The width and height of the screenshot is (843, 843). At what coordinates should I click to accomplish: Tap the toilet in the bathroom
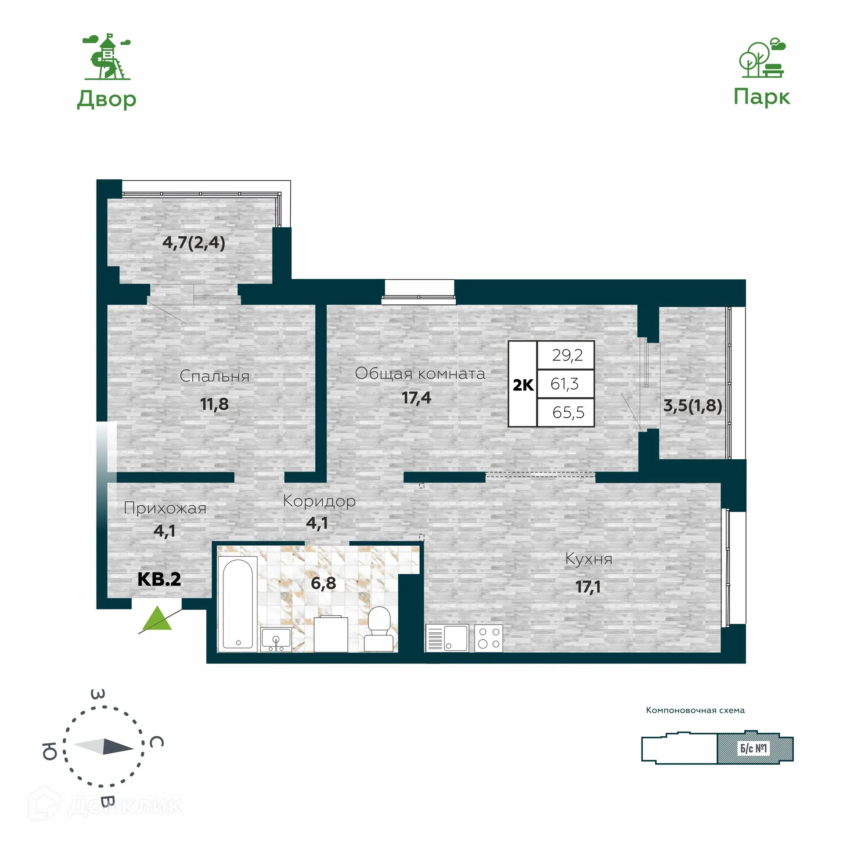coord(378,629)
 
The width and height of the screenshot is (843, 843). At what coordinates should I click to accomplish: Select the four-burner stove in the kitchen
coord(489,638)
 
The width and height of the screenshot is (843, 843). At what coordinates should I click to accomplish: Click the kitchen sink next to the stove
coord(447,638)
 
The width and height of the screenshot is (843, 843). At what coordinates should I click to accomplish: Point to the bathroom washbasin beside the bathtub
coord(276,639)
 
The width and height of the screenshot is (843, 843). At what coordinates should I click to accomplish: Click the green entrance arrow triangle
coord(157,618)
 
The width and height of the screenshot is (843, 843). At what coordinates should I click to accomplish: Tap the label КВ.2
coord(159,579)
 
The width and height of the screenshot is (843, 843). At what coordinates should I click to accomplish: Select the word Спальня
coord(214,376)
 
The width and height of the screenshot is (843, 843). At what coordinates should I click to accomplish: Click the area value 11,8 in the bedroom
coord(214,404)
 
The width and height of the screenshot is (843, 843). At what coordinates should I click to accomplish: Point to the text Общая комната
coord(420,374)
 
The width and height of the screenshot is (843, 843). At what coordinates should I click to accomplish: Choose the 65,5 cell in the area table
coord(566,412)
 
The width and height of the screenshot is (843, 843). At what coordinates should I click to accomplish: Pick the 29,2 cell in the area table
coord(566,355)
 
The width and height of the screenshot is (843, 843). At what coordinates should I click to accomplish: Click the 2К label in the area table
coord(523,385)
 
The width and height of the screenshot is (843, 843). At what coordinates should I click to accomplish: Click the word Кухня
coord(588,559)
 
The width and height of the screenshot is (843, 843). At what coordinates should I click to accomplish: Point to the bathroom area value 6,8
coord(324,583)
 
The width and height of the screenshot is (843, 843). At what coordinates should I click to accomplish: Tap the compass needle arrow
coord(104,746)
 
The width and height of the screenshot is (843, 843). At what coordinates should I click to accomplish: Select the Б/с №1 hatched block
coord(755,748)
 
